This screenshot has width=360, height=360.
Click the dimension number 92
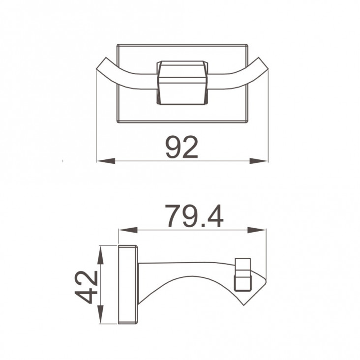coord(181,147)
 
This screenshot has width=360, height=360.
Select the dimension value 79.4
coord(194,216)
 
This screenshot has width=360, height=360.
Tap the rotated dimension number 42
coord(87,287)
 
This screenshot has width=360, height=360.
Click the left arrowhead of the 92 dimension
coord(106,161)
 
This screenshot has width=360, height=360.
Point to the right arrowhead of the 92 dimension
coord(259,161)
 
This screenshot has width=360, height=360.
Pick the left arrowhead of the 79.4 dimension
coord(128,230)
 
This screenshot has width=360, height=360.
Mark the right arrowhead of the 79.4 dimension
coord(257,230)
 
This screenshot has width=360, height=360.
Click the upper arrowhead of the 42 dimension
coord(100,255)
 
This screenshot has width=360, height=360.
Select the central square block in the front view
coord(182,83)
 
